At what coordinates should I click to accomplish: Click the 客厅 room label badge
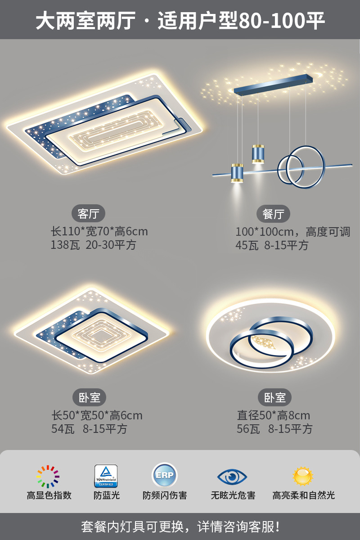point(88,214)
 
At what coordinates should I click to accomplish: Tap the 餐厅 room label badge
point(273,214)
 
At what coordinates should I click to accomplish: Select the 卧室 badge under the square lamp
point(89,397)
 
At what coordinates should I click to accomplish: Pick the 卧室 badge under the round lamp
point(274,397)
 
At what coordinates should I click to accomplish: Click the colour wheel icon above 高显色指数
point(48,477)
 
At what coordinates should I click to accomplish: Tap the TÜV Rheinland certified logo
point(106,476)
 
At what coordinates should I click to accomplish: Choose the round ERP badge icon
point(164,476)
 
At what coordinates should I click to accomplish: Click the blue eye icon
point(232,477)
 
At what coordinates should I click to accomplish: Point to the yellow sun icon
point(303,476)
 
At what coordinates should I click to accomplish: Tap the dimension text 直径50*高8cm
point(274,415)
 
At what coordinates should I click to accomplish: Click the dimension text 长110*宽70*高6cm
point(99,232)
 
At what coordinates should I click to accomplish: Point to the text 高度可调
point(328,232)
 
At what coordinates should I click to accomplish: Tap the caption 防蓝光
point(107,495)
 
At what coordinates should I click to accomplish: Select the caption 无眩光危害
point(233,495)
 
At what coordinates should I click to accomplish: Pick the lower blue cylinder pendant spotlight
point(237,173)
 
